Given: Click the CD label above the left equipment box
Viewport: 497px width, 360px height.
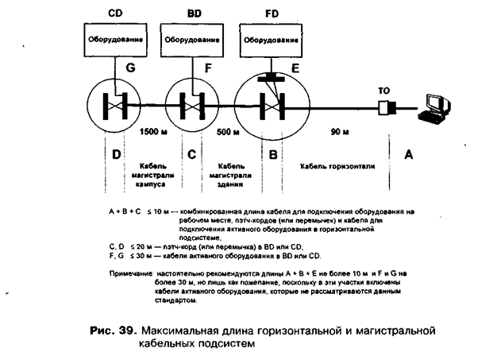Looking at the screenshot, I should pyautogui.click(x=114, y=14).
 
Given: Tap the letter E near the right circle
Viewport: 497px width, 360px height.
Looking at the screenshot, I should pyautogui.click(x=295, y=69).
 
